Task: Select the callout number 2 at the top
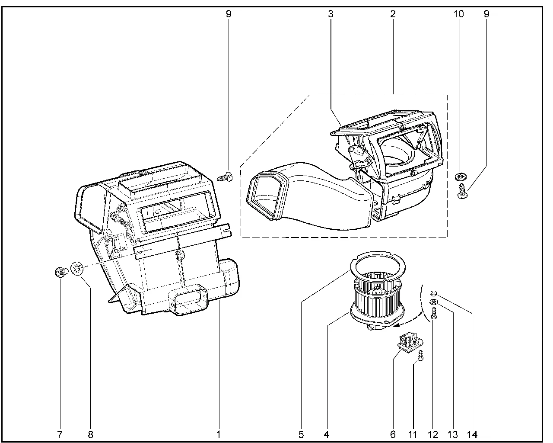393,14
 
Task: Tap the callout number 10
458,14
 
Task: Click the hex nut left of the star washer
61,272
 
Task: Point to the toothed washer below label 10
460,177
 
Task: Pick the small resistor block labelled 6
406,341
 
